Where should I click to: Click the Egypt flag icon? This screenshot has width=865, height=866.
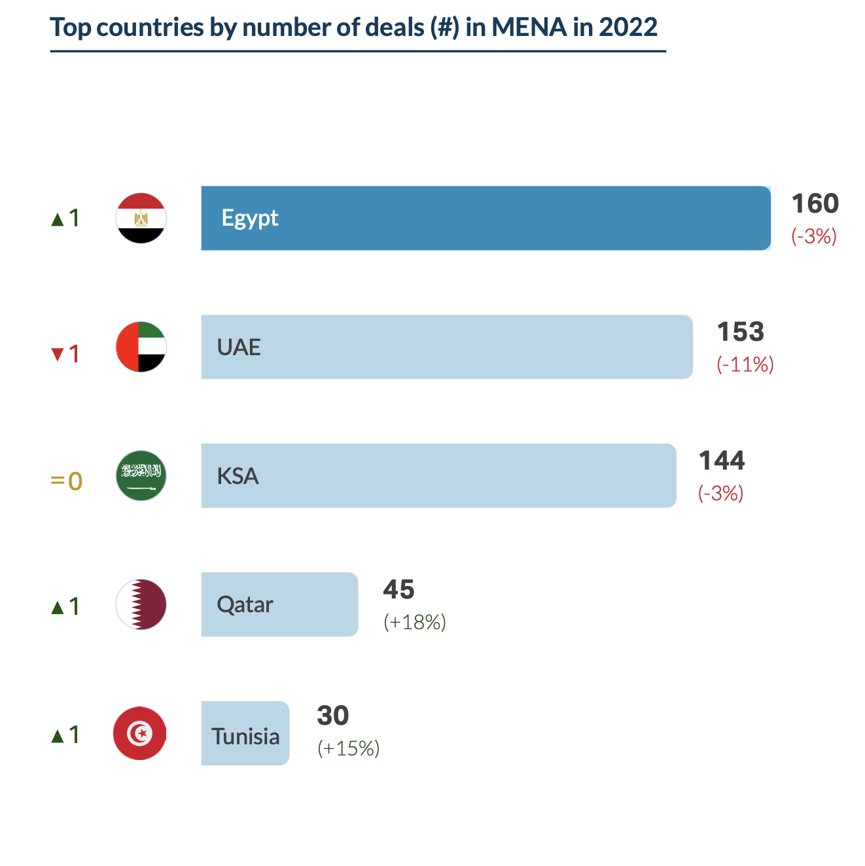[141, 218]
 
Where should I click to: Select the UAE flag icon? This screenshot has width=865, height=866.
[141, 347]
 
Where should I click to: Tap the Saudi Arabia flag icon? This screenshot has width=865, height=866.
[141, 476]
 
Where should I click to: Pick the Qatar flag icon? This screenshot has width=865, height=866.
[141, 604]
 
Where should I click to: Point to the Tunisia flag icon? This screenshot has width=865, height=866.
[140, 733]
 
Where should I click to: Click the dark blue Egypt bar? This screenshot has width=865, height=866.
[485, 218]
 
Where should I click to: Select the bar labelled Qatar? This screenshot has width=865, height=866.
[279, 604]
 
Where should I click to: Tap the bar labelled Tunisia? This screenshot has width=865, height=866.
[245, 733]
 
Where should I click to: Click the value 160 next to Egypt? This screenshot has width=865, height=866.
[815, 204]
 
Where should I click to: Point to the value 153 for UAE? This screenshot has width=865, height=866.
[740, 332]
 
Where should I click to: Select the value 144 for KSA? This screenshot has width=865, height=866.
[722, 461]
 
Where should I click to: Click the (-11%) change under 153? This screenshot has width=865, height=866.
[745, 364]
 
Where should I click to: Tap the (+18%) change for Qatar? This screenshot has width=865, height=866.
[415, 622]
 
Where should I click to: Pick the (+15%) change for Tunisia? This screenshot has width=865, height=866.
[348, 748]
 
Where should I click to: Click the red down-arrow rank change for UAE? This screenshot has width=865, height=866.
[65, 354]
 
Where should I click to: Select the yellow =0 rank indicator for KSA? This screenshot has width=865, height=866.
[66, 481]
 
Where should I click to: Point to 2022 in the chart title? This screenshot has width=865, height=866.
[627, 27]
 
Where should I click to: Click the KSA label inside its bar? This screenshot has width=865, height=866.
[238, 476]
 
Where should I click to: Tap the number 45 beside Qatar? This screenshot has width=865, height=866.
[398, 590]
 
